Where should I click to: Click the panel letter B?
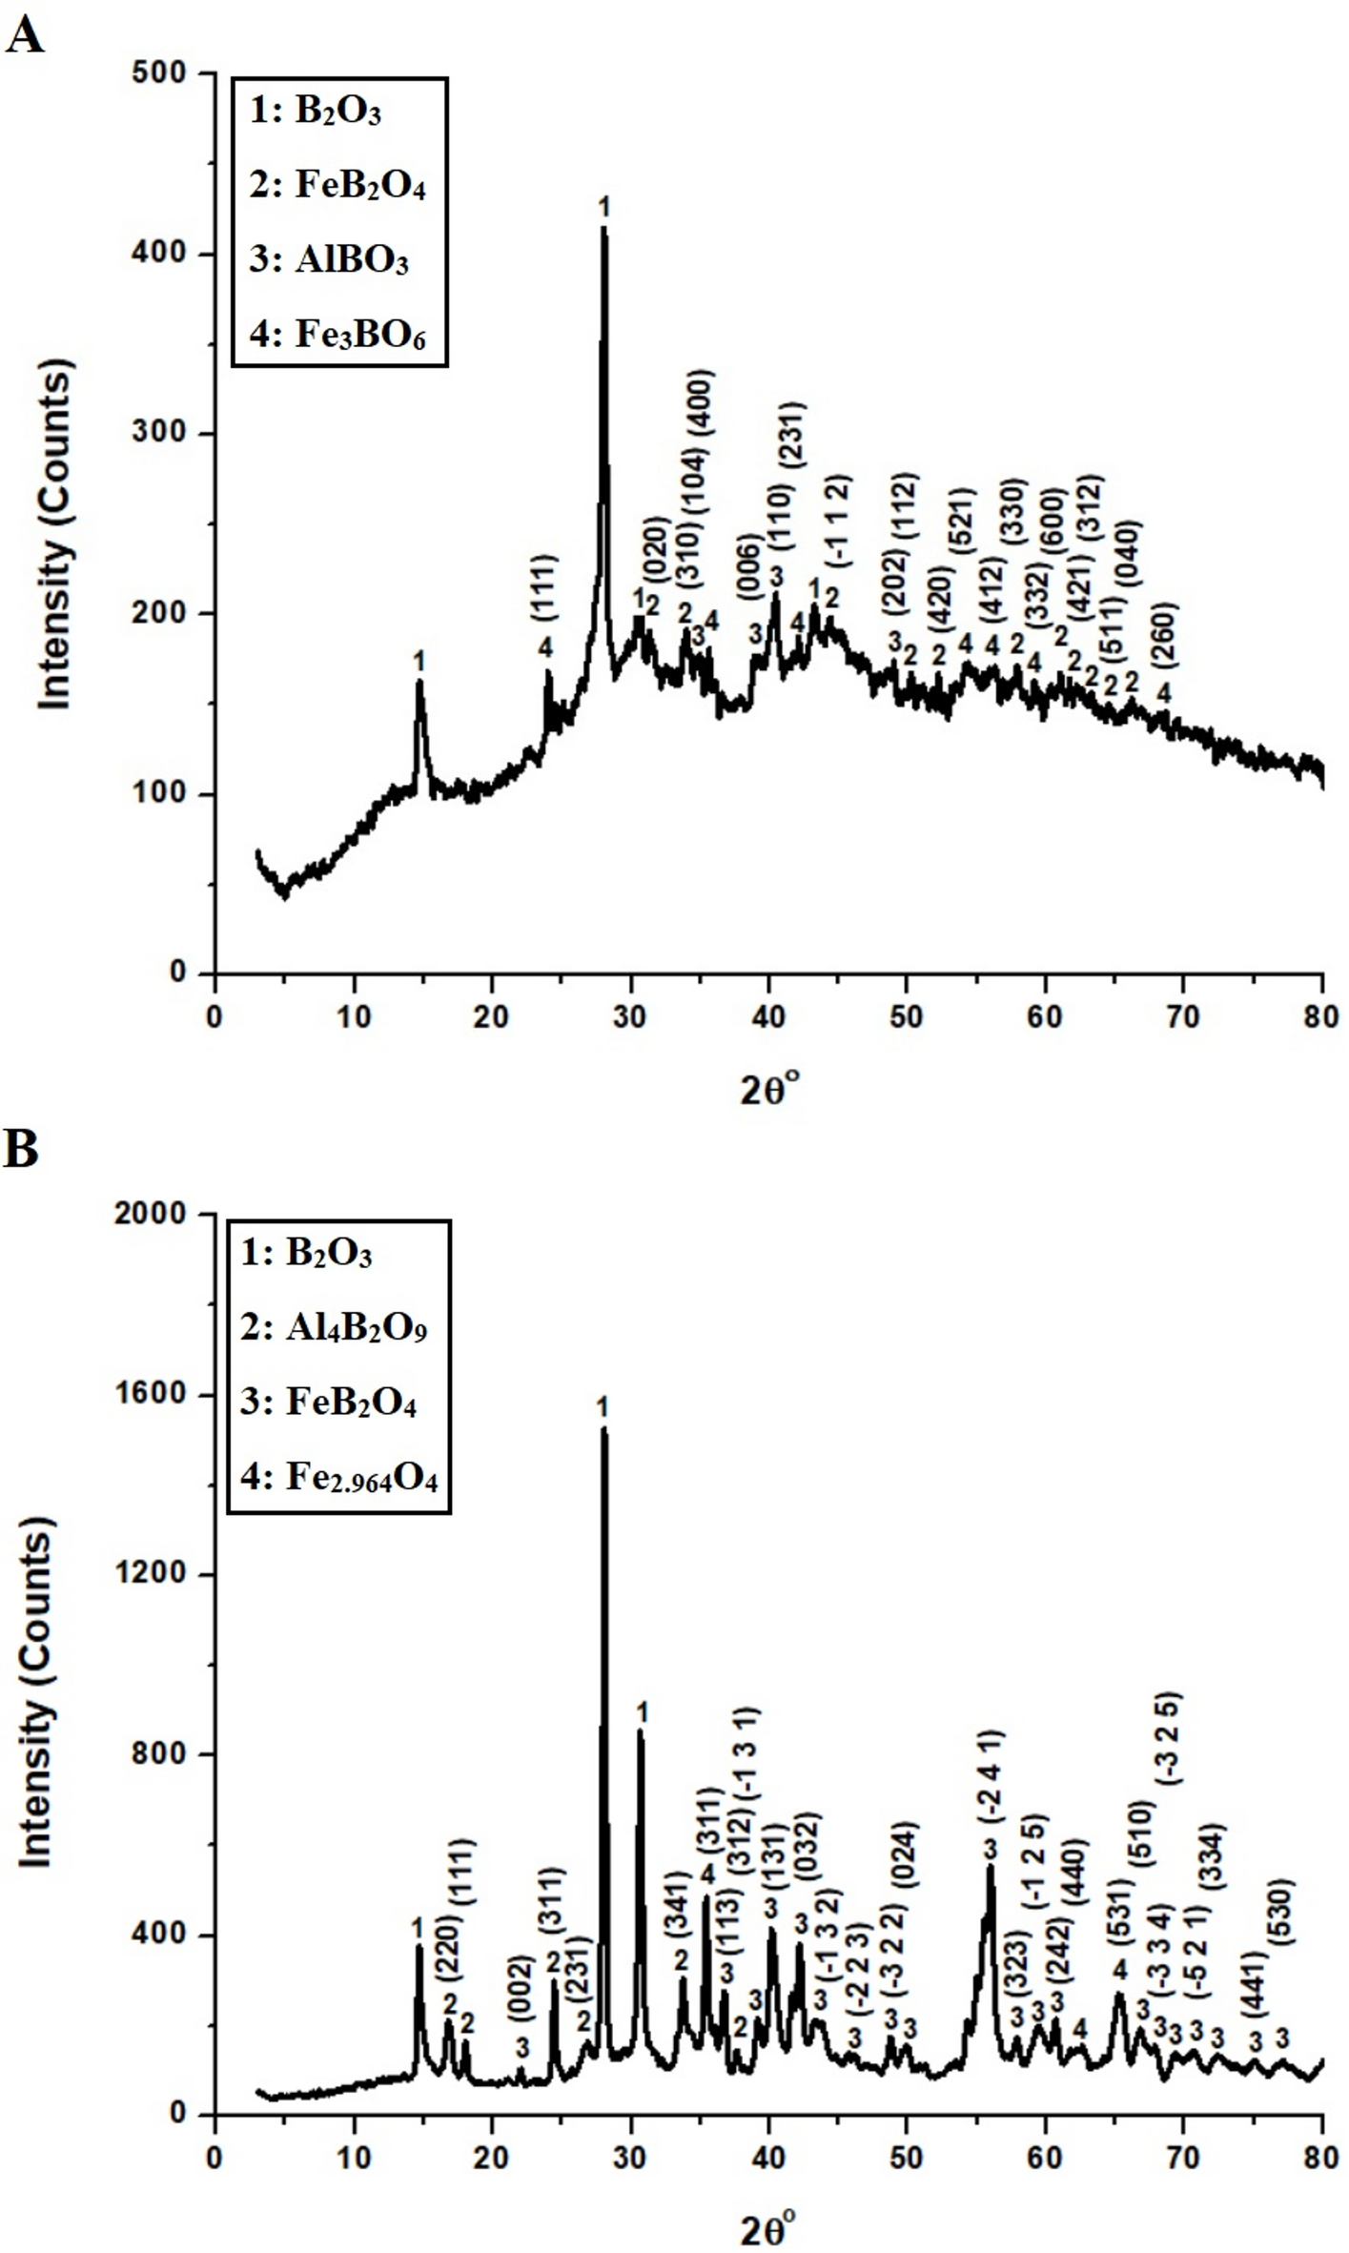click(x=21, y=1151)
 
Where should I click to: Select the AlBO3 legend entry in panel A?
click(x=330, y=259)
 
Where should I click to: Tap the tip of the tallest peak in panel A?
click(x=603, y=227)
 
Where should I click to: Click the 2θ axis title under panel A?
click(x=769, y=1090)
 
